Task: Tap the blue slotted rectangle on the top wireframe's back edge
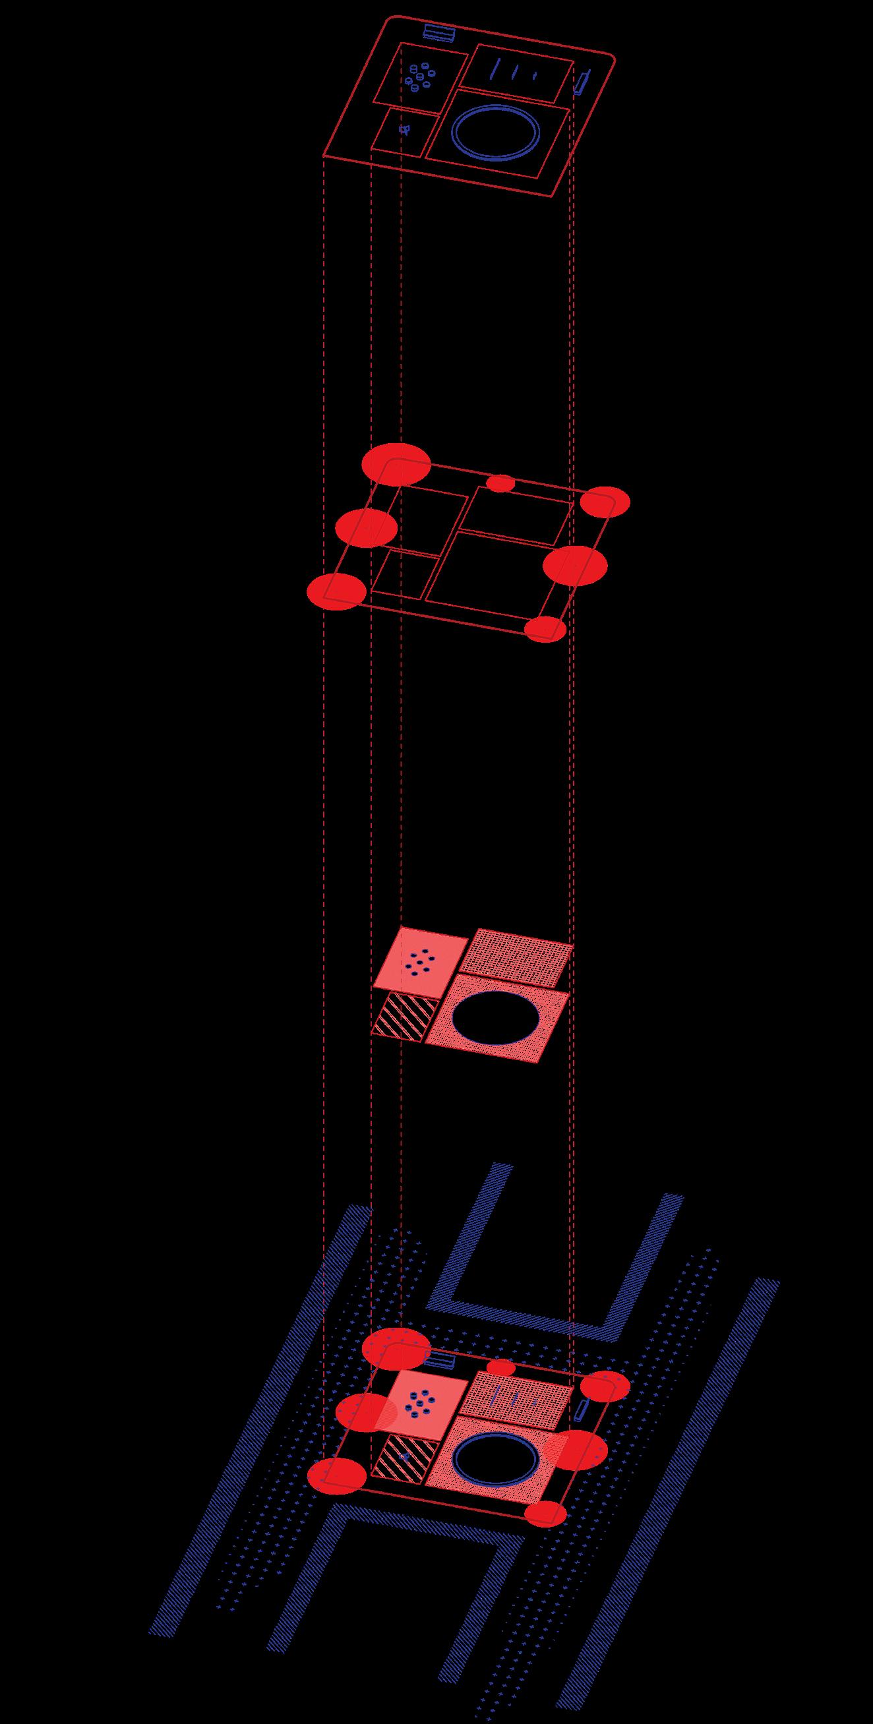(x=440, y=32)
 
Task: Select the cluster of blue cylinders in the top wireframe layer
(x=420, y=77)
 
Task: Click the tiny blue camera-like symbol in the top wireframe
(x=404, y=130)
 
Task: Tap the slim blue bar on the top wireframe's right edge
(x=581, y=82)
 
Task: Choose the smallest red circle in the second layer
(x=500, y=483)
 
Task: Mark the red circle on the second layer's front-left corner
(x=337, y=591)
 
